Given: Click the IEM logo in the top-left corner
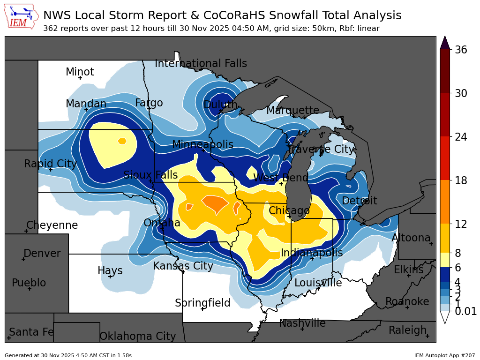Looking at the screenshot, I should (22, 17).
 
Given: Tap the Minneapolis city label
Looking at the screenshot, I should (202, 144).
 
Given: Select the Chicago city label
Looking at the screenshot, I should (289, 210).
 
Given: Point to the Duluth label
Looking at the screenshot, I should (220, 105).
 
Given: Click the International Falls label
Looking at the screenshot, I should (201, 64).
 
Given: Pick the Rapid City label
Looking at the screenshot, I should (50, 164).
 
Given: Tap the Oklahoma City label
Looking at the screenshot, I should (137, 336).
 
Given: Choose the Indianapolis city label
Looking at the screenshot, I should (312, 253).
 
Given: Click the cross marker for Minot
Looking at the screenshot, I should (80, 78).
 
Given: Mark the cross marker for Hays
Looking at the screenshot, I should (110, 277).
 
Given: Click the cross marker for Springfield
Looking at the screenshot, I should (202, 309).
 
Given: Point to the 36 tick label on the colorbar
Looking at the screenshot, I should (461, 50).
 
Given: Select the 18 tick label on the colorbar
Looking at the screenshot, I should (461, 180).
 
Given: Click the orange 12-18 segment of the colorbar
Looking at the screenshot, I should (445, 202).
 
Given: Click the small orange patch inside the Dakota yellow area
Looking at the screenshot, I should (122, 141).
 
